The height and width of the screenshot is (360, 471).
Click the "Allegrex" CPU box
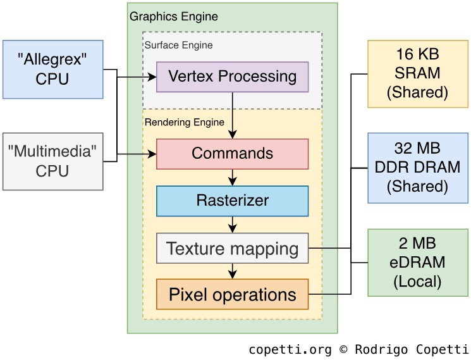[53, 70]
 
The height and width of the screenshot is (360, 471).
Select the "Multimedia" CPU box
[53, 161]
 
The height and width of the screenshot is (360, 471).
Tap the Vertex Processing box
[232, 77]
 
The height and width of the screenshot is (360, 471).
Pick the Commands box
[232, 154]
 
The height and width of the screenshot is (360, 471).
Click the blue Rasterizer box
[232, 201]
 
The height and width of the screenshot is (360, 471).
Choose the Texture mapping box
[232, 248]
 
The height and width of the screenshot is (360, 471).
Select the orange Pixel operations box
[232, 294]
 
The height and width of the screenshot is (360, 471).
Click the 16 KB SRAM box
[417, 73]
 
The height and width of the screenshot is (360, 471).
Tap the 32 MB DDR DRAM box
[417, 168]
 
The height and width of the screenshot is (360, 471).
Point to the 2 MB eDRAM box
[417, 262]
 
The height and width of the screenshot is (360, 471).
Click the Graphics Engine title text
[173, 16]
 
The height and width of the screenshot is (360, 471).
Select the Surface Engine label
[178, 46]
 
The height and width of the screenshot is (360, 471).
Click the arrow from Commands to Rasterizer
[233, 177]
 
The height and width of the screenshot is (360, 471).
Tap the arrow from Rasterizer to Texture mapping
[233, 225]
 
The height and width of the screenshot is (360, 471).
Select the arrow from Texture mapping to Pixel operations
[233, 271]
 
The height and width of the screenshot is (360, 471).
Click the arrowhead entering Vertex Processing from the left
[152, 77]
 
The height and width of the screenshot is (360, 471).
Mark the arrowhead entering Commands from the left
[152, 154]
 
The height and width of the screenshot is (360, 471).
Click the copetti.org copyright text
[358, 349]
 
